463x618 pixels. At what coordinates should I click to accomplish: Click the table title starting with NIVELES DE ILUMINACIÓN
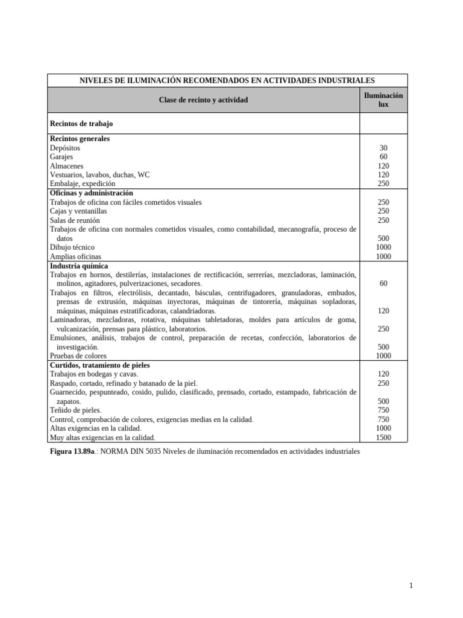coord(227,80)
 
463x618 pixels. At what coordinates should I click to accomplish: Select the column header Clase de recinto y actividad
coord(203,100)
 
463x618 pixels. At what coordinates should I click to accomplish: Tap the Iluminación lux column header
coord(383,100)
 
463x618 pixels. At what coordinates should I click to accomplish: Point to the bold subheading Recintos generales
coord(80,139)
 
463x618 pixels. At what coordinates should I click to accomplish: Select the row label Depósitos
coord(65,148)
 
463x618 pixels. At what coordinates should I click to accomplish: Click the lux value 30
coord(383,148)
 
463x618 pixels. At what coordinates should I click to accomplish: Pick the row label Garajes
coord(61,157)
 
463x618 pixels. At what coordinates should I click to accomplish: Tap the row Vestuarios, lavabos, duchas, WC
coord(99,175)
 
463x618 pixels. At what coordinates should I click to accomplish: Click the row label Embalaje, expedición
coord(82,183)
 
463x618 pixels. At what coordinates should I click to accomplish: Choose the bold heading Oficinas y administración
coord(91,193)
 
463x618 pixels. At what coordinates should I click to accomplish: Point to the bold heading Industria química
coord(79,266)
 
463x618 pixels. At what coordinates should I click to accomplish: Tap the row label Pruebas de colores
coord(78,356)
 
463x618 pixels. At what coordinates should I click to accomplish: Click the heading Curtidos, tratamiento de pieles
coord(99,365)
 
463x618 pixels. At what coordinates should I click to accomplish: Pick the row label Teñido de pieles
coord(75,410)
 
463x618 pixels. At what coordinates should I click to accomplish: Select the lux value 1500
coord(383,438)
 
